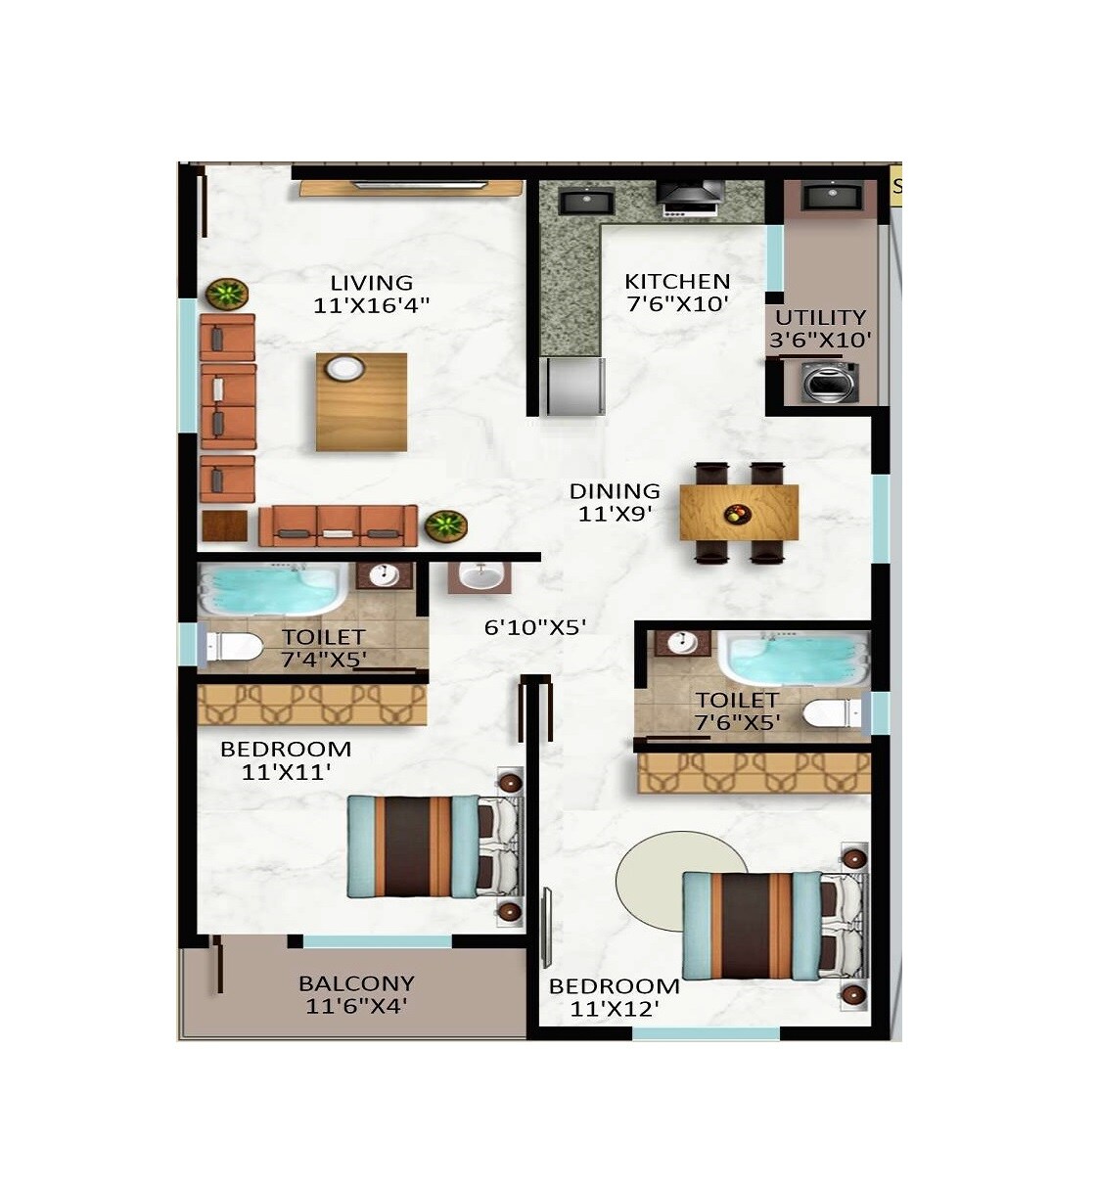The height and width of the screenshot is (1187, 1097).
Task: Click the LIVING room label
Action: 371,284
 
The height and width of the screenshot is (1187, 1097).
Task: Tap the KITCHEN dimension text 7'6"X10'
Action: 677,303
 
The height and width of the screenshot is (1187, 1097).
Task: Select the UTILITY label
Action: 820,317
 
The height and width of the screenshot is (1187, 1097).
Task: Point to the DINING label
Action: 615,490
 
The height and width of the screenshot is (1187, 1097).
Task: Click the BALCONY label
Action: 356,982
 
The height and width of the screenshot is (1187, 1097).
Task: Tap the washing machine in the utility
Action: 830,382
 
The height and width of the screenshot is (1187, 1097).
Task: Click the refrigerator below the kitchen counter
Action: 575,386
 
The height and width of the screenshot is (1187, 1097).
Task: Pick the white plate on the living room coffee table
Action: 344,369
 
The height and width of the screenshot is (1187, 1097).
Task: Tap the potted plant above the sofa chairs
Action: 227,293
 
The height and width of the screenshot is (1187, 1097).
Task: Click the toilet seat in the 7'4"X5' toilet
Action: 235,647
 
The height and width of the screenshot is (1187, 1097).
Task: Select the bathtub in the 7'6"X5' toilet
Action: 793,657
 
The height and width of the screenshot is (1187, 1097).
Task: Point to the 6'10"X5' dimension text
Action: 535,627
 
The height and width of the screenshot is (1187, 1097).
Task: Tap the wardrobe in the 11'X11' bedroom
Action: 312,704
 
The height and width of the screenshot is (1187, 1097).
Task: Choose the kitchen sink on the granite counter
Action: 585,202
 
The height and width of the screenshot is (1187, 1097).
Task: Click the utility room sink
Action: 831,197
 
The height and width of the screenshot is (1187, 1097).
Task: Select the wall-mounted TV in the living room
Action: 421,183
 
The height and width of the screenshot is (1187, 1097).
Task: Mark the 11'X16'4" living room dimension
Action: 371,305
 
